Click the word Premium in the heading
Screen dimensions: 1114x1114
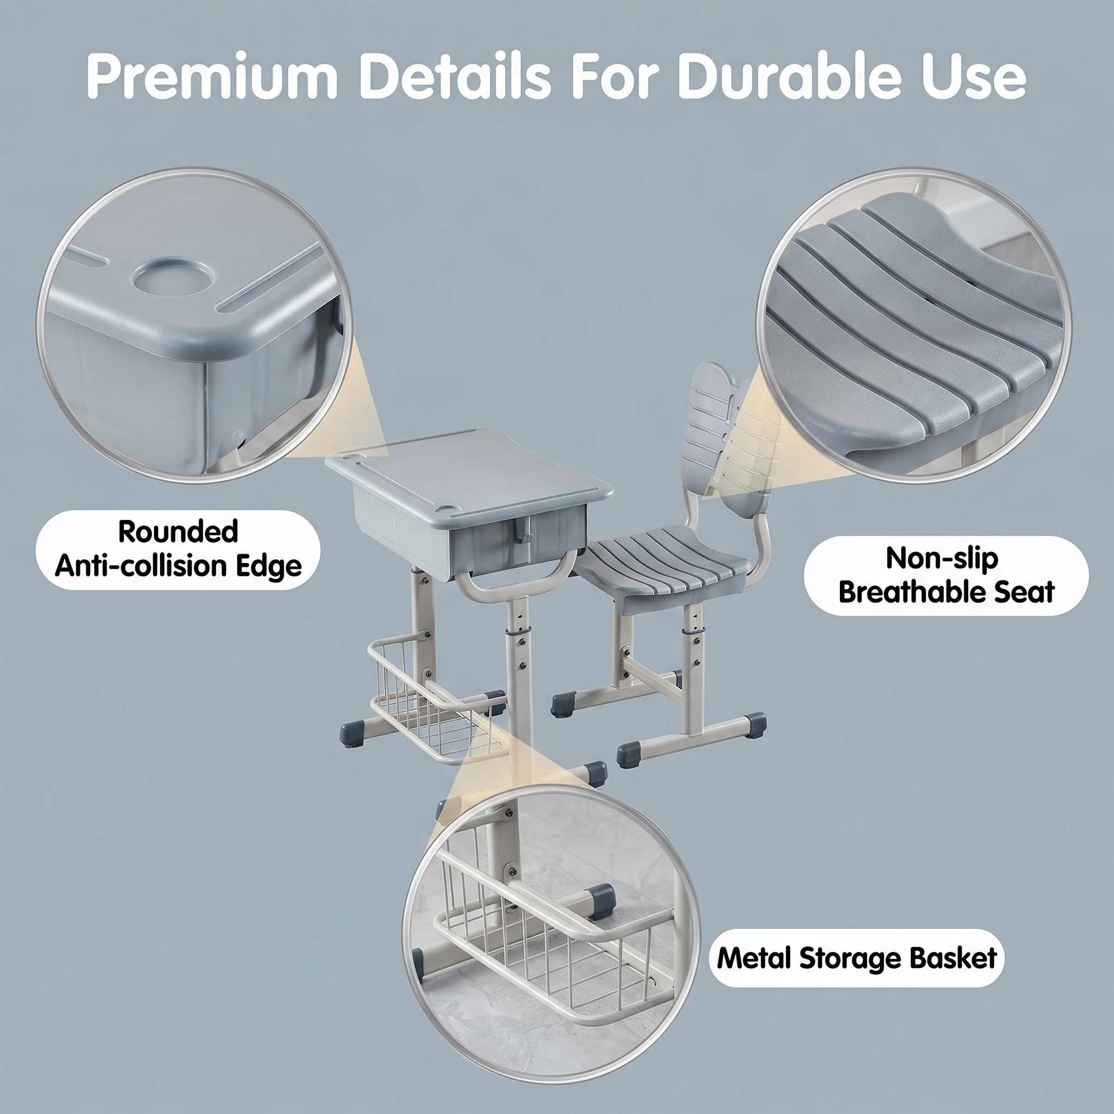(212, 77)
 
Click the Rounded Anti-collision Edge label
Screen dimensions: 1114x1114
(178, 548)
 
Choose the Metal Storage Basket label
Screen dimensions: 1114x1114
(857, 958)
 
